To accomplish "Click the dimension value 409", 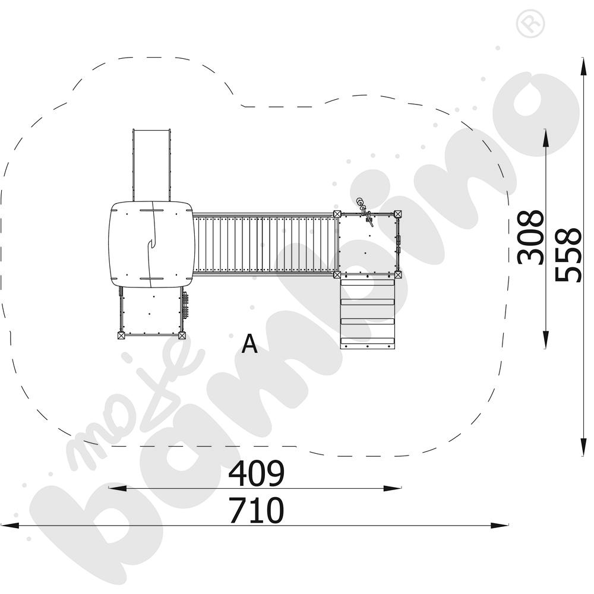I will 257,473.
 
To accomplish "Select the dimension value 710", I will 257,510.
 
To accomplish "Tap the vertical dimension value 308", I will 530,236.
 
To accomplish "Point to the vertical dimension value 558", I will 568,255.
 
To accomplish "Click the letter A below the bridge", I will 249,344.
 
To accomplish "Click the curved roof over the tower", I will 151,244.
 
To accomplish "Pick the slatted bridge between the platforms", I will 264,244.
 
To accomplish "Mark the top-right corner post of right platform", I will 397,214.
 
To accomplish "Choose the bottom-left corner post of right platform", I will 337,274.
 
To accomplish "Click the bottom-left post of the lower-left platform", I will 121,336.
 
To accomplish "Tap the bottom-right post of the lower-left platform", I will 182,336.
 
